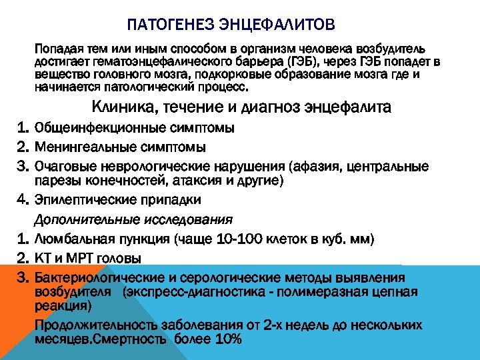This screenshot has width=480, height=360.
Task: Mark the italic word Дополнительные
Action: tap(76, 219)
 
